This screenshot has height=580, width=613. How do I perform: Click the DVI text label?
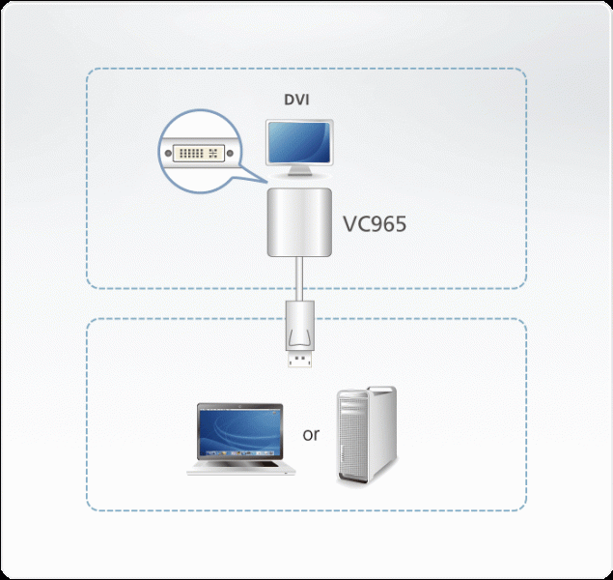(297, 100)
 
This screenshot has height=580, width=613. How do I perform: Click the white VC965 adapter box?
(298, 222)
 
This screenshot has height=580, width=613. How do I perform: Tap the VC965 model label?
(375, 224)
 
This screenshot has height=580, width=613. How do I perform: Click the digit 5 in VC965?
(400, 224)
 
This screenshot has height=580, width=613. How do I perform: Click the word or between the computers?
(310, 434)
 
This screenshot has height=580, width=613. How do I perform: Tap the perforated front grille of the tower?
(355, 440)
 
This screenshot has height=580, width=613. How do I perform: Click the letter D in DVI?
(288, 100)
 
